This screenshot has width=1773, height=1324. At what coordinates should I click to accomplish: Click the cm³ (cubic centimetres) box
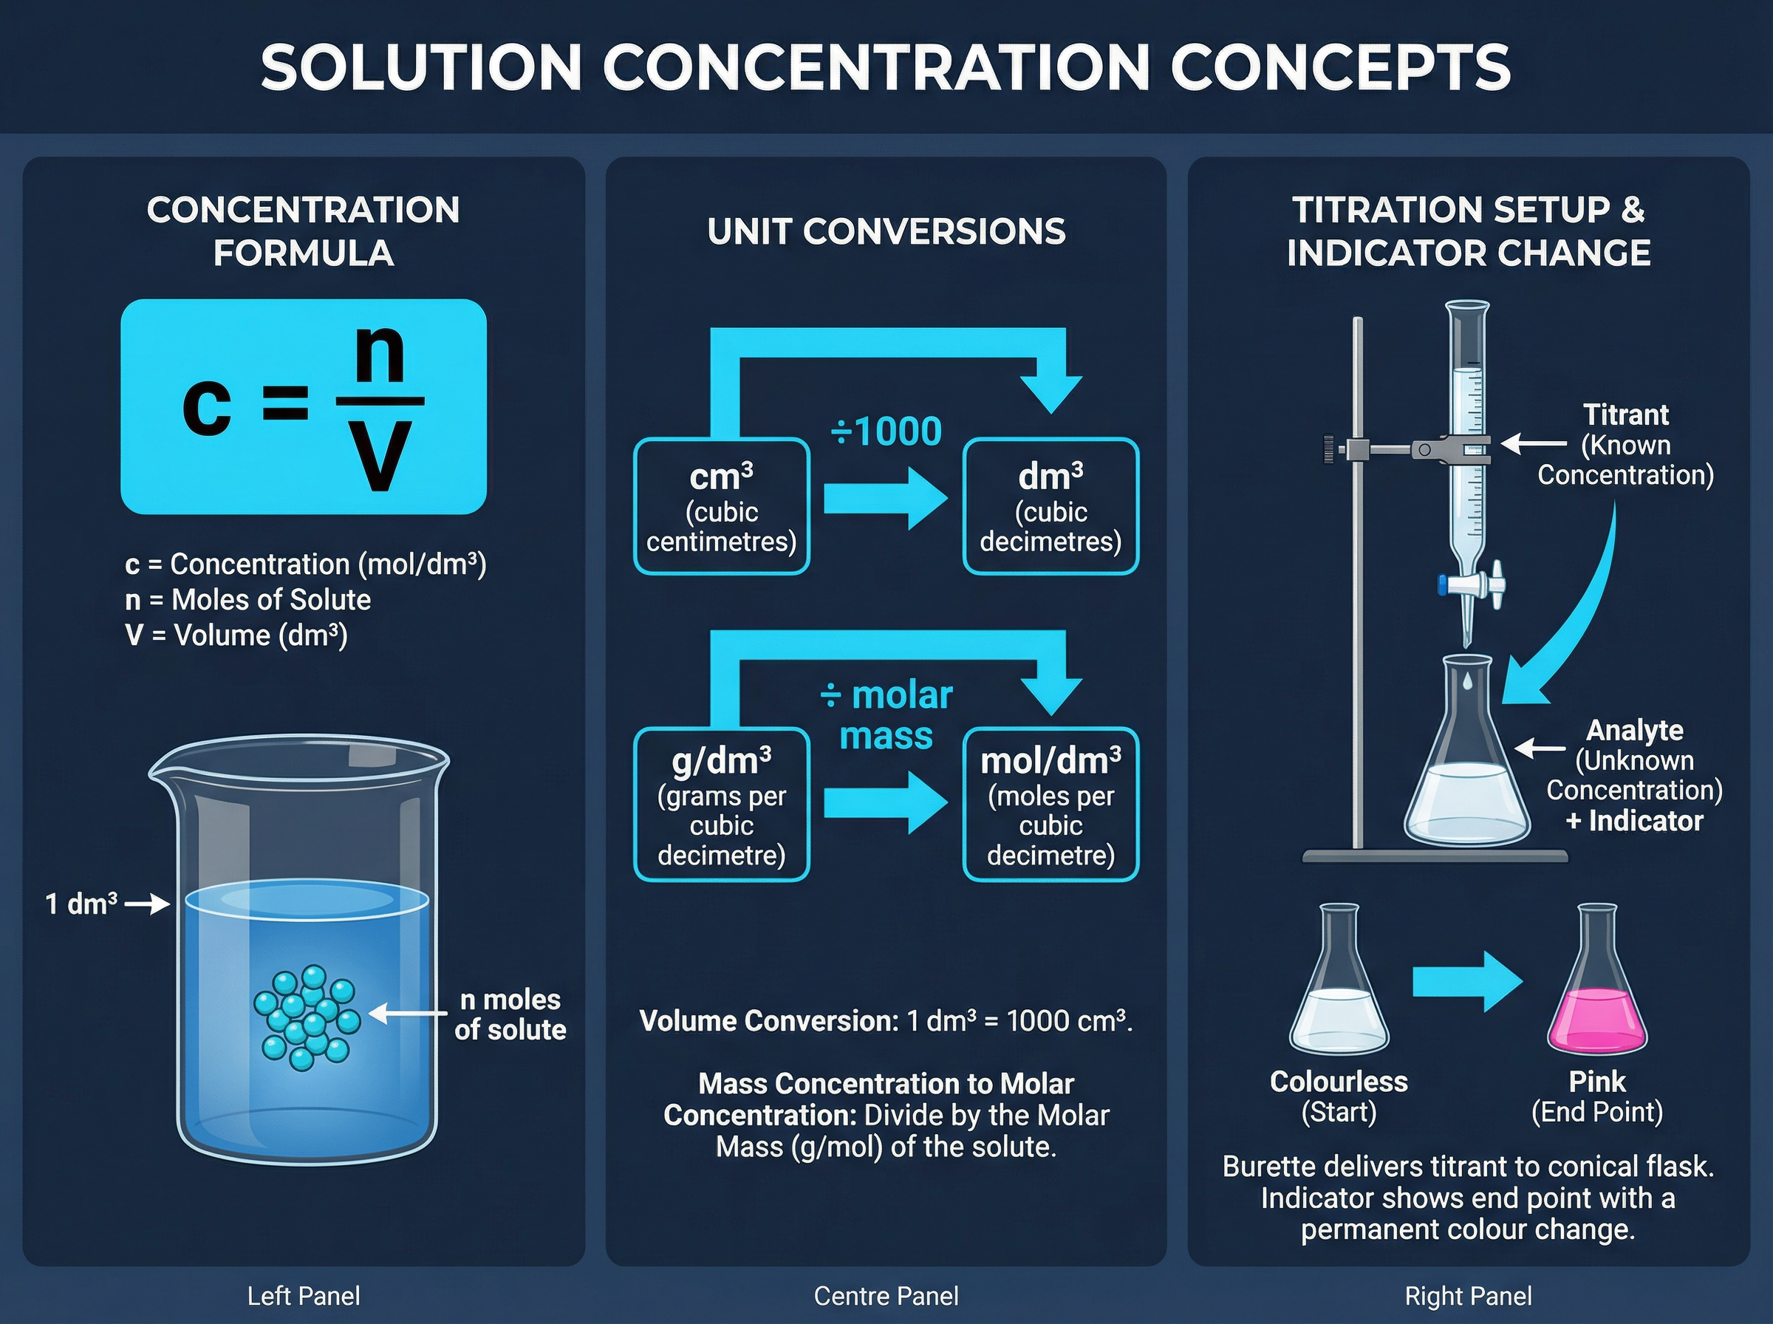[x=721, y=507]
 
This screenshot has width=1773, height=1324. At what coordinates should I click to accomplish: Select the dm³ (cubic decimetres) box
[x=1051, y=507]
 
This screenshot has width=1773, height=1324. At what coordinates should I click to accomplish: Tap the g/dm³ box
[x=721, y=805]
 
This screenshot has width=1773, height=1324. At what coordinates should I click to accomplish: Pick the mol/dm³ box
[x=1051, y=805]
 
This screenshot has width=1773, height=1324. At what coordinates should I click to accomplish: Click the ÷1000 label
[x=885, y=432]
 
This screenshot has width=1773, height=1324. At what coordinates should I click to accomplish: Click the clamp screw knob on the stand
[x=1330, y=448]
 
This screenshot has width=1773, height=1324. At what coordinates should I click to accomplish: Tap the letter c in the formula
[x=207, y=405]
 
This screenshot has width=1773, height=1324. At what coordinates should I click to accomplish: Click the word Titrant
[x=1625, y=415]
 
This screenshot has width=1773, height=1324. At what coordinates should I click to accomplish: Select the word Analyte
[x=1634, y=730]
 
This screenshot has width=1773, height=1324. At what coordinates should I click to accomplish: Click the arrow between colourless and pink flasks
[x=1467, y=981]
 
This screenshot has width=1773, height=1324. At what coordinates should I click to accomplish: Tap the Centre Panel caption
[x=885, y=1296]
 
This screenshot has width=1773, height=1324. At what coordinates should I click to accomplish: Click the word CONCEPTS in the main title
[x=1339, y=67]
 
